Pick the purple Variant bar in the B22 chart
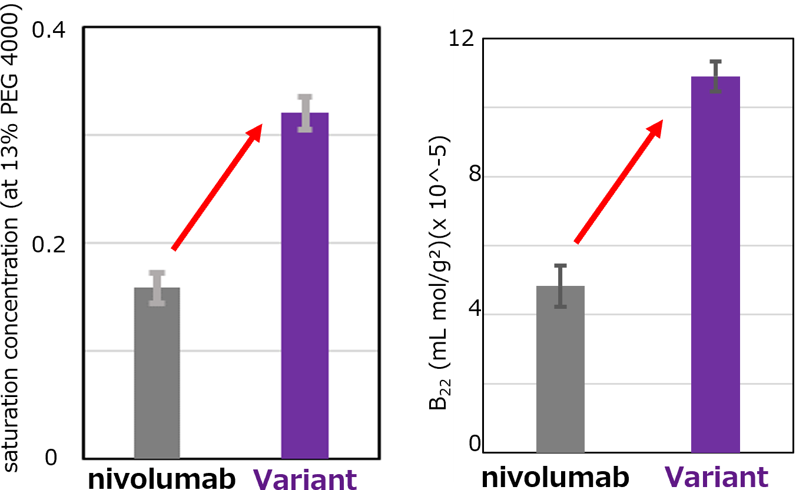pos(715,265)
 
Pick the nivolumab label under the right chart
pos(555,477)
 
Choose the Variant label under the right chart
pos(717,477)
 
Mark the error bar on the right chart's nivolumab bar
pos(560,286)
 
